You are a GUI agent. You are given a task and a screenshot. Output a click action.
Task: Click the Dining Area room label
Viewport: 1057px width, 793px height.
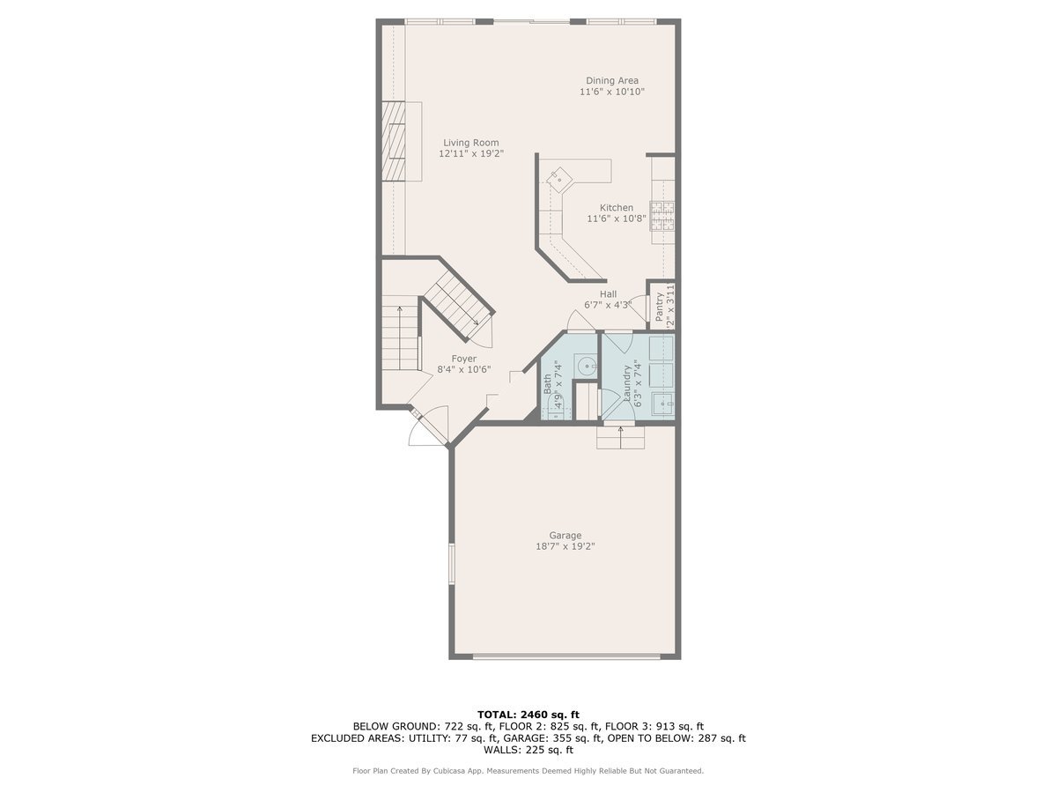pos(612,80)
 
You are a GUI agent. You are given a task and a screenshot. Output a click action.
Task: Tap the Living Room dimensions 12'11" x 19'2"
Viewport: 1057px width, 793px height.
pos(470,153)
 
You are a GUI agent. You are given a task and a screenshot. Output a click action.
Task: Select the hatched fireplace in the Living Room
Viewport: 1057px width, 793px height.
pos(393,141)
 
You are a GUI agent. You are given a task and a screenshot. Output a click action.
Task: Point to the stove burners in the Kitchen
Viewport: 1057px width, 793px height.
pos(662,216)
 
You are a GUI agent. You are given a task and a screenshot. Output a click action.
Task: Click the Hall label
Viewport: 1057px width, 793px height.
pos(608,294)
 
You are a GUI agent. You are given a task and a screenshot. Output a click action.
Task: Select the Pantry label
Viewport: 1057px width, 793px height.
pos(659,305)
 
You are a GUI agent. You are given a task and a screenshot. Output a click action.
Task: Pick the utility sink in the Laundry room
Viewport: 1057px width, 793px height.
pos(662,404)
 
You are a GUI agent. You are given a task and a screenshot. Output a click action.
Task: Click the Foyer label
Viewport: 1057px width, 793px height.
pos(464,359)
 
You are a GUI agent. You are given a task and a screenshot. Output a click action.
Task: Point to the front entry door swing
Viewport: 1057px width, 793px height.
pos(430,426)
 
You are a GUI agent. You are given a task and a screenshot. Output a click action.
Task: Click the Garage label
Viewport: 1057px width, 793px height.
pos(565,535)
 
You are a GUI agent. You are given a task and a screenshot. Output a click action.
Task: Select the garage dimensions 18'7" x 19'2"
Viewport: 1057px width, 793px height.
pos(565,546)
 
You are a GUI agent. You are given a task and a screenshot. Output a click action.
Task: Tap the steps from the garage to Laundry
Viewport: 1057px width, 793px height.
pos(620,437)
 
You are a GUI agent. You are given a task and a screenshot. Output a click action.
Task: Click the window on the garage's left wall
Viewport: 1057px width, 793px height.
pos(452,564)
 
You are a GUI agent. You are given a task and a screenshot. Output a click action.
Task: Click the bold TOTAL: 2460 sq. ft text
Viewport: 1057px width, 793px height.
pos(528,714)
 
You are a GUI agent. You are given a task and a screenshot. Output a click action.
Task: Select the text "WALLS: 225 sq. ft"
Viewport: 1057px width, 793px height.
pos(528,751)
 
